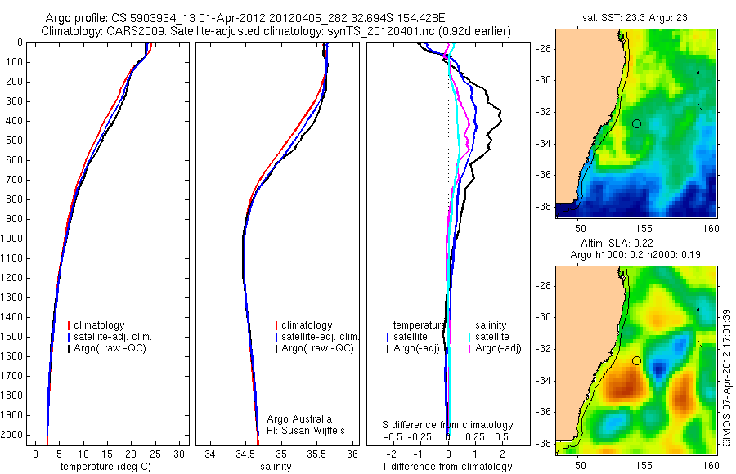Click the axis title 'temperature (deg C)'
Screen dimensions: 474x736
105,467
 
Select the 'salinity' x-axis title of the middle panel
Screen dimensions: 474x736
276,467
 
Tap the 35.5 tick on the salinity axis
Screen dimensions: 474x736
317,452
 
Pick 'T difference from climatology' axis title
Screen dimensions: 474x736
447,467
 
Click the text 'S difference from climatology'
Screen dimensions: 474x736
448,425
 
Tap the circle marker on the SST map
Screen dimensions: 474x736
636,123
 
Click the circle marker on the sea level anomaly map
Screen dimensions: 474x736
636,360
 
